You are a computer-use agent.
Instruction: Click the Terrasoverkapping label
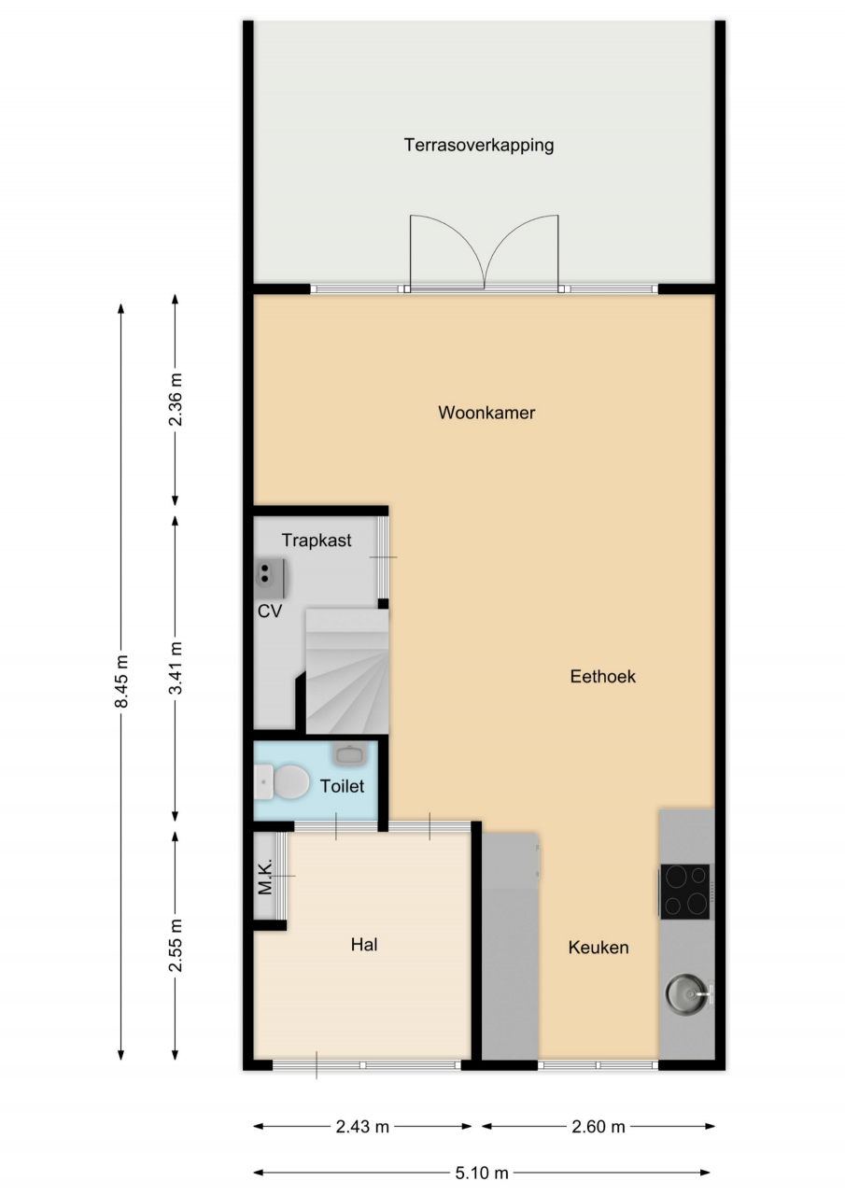coord(478,145)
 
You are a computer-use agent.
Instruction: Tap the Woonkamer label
coord(486,413)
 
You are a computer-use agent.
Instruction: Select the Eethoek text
coord(603,677)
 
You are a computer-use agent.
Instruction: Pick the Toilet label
coord(342,786)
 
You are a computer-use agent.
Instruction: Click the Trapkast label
coord(317,541)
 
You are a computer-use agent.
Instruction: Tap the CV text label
coord(270,612)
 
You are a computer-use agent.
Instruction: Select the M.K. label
coord(265,877)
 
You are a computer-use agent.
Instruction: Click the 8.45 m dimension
coord(121,682)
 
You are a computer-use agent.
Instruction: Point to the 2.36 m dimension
coord(175,400)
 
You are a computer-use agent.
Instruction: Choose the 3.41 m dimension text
coord(175,668)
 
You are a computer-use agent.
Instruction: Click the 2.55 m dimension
coord(175,946)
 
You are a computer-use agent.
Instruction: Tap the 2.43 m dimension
coord(362,1127)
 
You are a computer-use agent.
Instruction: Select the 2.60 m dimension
coord(598,1127)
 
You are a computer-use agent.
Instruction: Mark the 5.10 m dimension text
coord(482,1174)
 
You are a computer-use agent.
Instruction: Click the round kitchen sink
coord(686,994)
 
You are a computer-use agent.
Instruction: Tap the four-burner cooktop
coord(686,892)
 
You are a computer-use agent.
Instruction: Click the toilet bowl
coord(283,782)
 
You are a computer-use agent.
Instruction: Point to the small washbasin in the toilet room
coord(350,753)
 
